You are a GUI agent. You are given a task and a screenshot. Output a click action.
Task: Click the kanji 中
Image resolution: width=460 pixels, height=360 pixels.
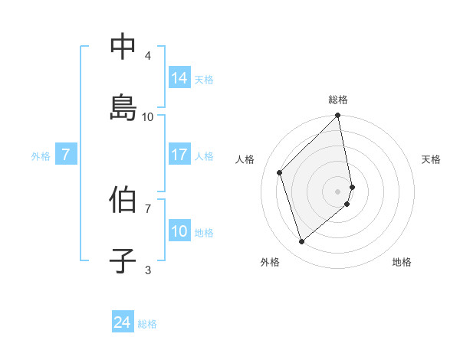point(123,47)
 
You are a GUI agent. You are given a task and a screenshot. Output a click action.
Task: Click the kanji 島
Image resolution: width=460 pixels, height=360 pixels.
point(123,107)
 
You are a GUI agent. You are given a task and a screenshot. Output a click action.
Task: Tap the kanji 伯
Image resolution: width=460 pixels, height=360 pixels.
point(123,200)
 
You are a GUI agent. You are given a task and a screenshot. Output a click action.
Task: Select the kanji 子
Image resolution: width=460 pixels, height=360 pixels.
point(123,260)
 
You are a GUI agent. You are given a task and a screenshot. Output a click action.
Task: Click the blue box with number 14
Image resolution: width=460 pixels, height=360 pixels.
point(179,77)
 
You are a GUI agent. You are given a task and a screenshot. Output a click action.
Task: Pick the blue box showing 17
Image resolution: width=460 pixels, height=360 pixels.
point(179,155)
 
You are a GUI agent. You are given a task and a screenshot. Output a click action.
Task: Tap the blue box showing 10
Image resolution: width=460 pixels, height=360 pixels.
point(179,231)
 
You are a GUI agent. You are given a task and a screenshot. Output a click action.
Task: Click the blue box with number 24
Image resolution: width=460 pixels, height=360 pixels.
point(123,322)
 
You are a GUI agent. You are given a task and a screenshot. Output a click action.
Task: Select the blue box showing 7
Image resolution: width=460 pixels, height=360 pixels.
point(66,155)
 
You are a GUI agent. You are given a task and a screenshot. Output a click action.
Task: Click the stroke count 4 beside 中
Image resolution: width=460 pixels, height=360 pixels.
point(148,55)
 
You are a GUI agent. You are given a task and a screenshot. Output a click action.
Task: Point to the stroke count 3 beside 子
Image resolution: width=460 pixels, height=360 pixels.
point(148,269)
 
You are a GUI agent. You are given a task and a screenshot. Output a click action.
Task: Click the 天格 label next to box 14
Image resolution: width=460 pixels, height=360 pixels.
point(204,79)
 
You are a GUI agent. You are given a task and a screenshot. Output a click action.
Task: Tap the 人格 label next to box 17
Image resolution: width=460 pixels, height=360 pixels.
point(204,156)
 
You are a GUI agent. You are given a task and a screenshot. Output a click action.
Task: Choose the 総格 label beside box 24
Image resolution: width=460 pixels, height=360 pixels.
point(147,324)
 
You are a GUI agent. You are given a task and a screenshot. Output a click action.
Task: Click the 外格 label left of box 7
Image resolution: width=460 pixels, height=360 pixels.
point(41,156)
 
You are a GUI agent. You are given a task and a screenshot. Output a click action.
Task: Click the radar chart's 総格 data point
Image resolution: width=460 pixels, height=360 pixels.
point(338,116)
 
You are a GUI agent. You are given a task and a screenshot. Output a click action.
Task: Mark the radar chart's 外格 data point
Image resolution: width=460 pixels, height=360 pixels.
point(302,242)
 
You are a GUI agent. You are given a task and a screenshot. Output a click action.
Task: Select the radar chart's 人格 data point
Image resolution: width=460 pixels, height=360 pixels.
point(280,172)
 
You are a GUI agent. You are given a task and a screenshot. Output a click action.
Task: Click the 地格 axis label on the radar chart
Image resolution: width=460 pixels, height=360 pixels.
point(402,262)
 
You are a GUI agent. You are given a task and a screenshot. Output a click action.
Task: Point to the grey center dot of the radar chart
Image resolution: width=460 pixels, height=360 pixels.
point(338,191)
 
